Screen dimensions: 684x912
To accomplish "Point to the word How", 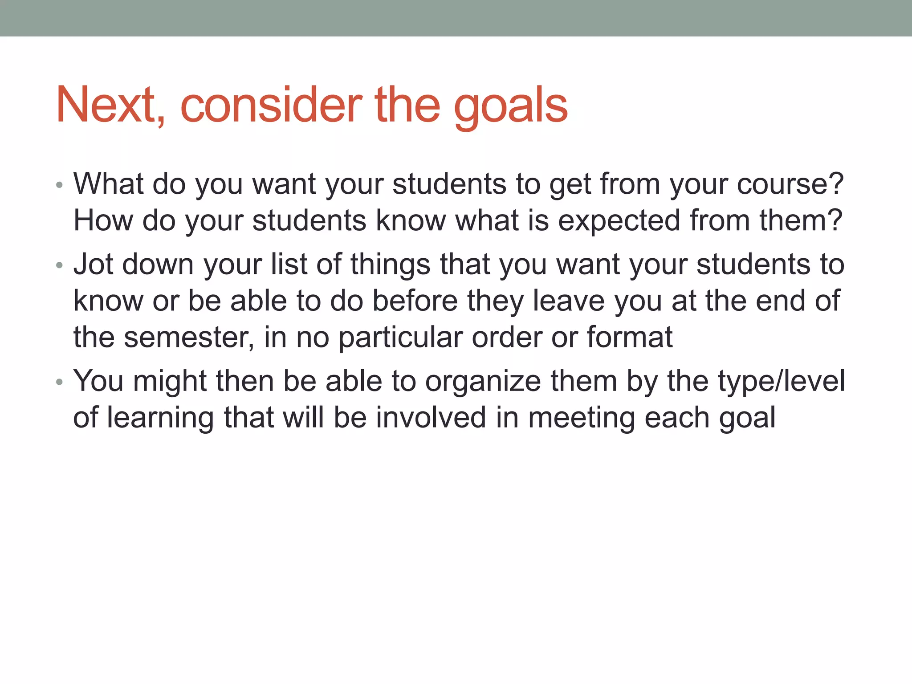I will [x=103, y=220].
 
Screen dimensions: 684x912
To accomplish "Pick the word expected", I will [x=619, y=221].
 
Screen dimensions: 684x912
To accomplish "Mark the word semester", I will [x=187, y=338].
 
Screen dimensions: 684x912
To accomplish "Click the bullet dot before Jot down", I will [x=60, y=266].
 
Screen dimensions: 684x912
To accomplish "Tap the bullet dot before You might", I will [x=60, y=383].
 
